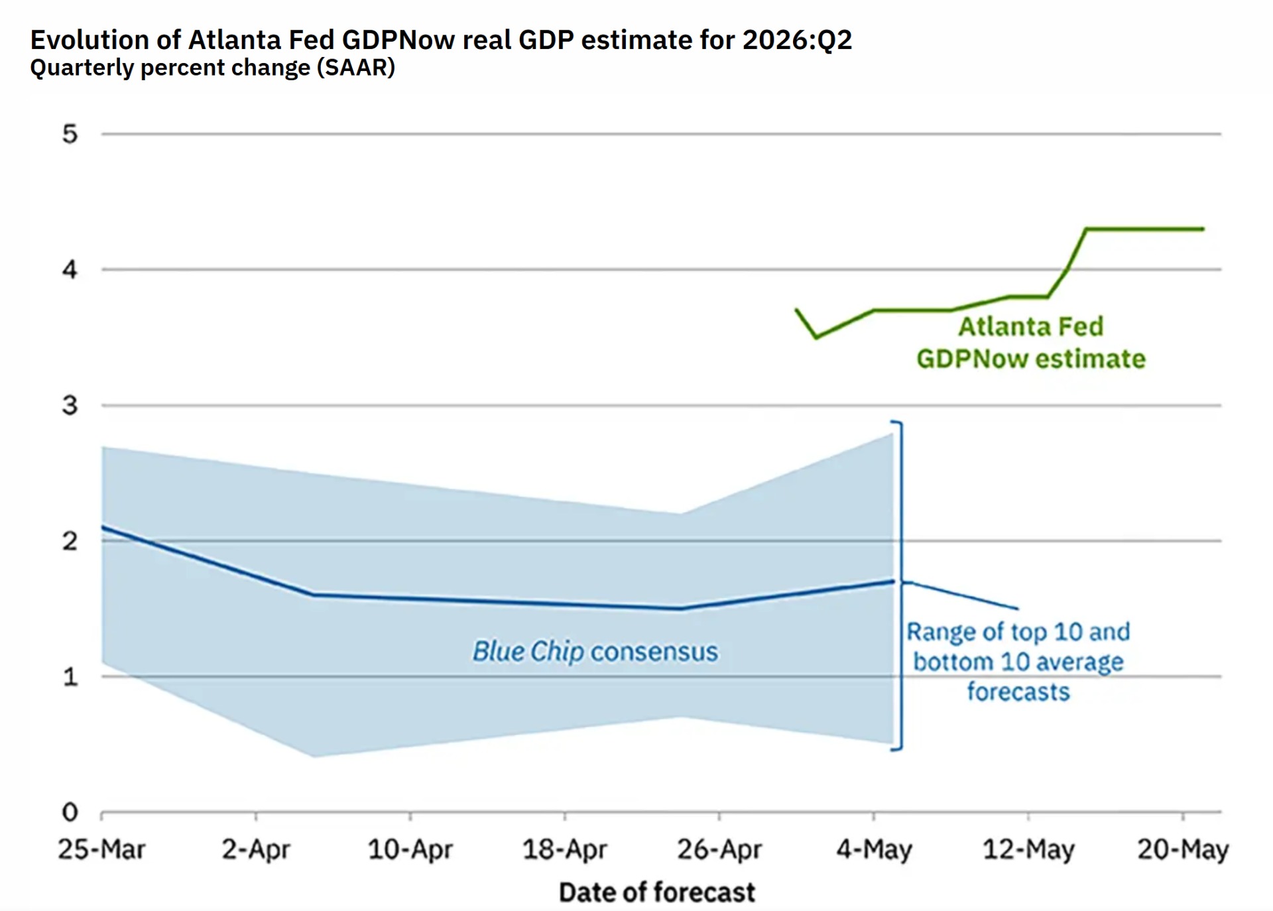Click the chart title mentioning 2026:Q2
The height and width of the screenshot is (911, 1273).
pyautogui.click(x=441, y=40)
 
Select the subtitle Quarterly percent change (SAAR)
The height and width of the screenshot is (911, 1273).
pyautogui.click(x=213, y=68)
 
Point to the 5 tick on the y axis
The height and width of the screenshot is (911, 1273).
pyautogui.click(x=70, y=134)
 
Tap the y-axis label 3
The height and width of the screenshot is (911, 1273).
pyautogui.click(x=70, y=405)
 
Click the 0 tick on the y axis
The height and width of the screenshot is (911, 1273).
pyautogui.click(x=70, y=812)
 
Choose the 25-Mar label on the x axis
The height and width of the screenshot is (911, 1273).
pyautogui.click(x=101, y=849)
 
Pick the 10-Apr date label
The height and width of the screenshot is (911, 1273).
pyautogui.click(x=410, y=849)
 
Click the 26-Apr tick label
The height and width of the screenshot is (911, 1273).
pyautogui.click(x=719, y=849)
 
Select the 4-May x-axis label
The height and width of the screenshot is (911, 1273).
pyautogui.click(x=874, y=850)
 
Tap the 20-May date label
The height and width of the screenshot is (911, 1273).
pyautogui.click(x=1183, y=850)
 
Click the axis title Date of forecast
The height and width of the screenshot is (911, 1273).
pyautogui.click(x=657, y=892)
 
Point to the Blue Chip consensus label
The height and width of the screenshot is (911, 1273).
pyautogui.click(x=595, y=652)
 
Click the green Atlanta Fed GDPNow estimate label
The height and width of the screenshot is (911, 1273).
pyautogui.click(x=1031, y=343)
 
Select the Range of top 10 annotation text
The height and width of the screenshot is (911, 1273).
pyautogui.click(x=1018, y=662)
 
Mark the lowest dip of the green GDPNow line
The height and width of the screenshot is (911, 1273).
pyautogui.click(x=816, y=337)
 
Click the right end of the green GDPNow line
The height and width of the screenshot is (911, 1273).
pyautogui.click(x=1203, y=229)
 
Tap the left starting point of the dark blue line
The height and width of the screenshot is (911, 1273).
pyautogui.click(x=103, y=527)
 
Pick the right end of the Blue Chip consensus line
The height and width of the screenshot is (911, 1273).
pyautogui.click(x=893, y=581)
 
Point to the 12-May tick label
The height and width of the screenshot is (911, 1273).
pyautogui.click(x=1028, y=850)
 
